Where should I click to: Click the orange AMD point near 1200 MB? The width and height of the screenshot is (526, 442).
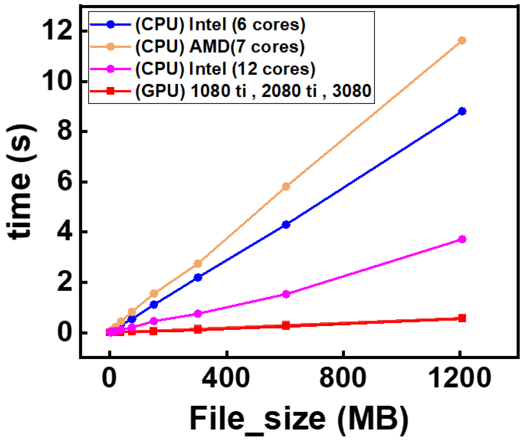tap(462, 41)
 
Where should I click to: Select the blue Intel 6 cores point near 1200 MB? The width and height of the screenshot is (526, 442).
tap(462, 111)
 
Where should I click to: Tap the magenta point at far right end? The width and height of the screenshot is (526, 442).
tap(462, 239)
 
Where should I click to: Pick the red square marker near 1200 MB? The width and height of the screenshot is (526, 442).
tap(462, 318)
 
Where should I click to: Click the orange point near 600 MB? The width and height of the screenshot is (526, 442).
tap(286, 186)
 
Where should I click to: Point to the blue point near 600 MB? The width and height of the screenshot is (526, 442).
tap(286, 225)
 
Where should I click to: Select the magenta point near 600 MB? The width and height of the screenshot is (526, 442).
tap(286, 294)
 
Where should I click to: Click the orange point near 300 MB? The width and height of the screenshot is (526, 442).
tap(198, 264)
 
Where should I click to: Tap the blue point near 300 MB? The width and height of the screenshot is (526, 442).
tap(198, 277)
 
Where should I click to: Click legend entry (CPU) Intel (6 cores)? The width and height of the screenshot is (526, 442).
tap(220, 25)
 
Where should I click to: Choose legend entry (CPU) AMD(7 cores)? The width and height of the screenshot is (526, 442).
tap(220, 47)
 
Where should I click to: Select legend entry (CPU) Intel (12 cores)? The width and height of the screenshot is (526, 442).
tap(225, 69)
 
